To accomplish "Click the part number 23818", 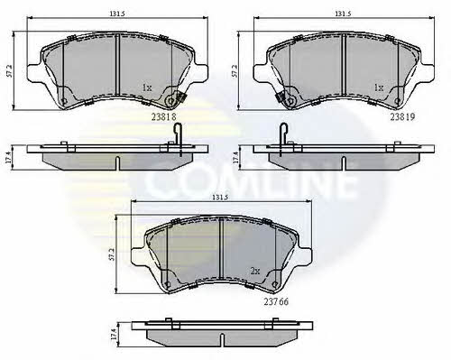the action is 163,116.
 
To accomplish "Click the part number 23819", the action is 402,116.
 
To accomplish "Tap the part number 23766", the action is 276,301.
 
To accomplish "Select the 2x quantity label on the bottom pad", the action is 255,272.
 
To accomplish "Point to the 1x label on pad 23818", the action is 147,88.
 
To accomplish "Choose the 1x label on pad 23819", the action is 379,88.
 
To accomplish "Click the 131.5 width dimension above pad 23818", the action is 117,14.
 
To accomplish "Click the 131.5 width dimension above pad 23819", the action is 343,14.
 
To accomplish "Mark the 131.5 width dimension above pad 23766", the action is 221,198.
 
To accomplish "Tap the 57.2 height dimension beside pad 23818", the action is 9,70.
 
